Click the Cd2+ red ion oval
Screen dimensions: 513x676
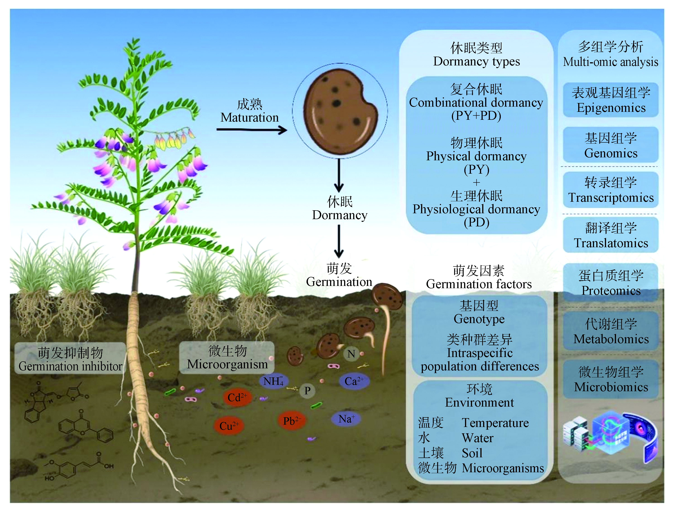point(237,397)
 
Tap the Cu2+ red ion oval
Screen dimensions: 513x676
point(229,426)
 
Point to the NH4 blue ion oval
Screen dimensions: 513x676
point(273,381)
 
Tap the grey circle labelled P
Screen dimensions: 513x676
point(307,391)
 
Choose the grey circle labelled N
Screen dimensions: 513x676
point(351,354)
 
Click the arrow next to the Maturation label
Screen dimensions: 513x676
point(252,130)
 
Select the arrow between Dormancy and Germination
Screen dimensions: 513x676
point(339,241)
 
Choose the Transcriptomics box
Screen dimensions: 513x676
point(611,190)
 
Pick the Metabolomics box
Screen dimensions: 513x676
point(611,331)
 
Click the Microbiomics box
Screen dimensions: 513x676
point(611,379)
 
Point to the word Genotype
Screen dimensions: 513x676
point(479,319)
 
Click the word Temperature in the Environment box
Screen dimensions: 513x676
point(495,423)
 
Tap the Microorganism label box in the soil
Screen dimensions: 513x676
point(227,357)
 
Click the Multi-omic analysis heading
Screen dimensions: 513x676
point(610,62)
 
